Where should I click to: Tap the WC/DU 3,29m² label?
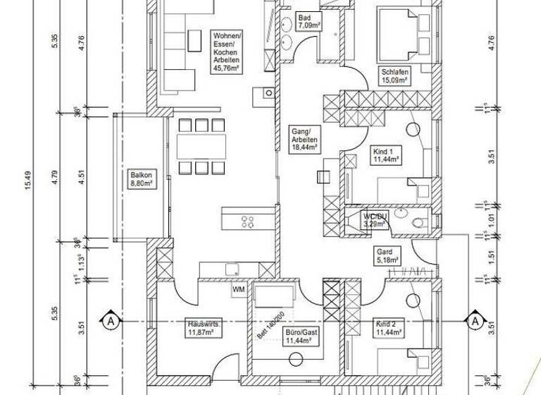[375, 220]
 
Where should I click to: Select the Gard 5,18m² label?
[385, 255]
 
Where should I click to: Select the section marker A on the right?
[476, 321]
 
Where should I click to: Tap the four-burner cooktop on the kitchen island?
[248, 222]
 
